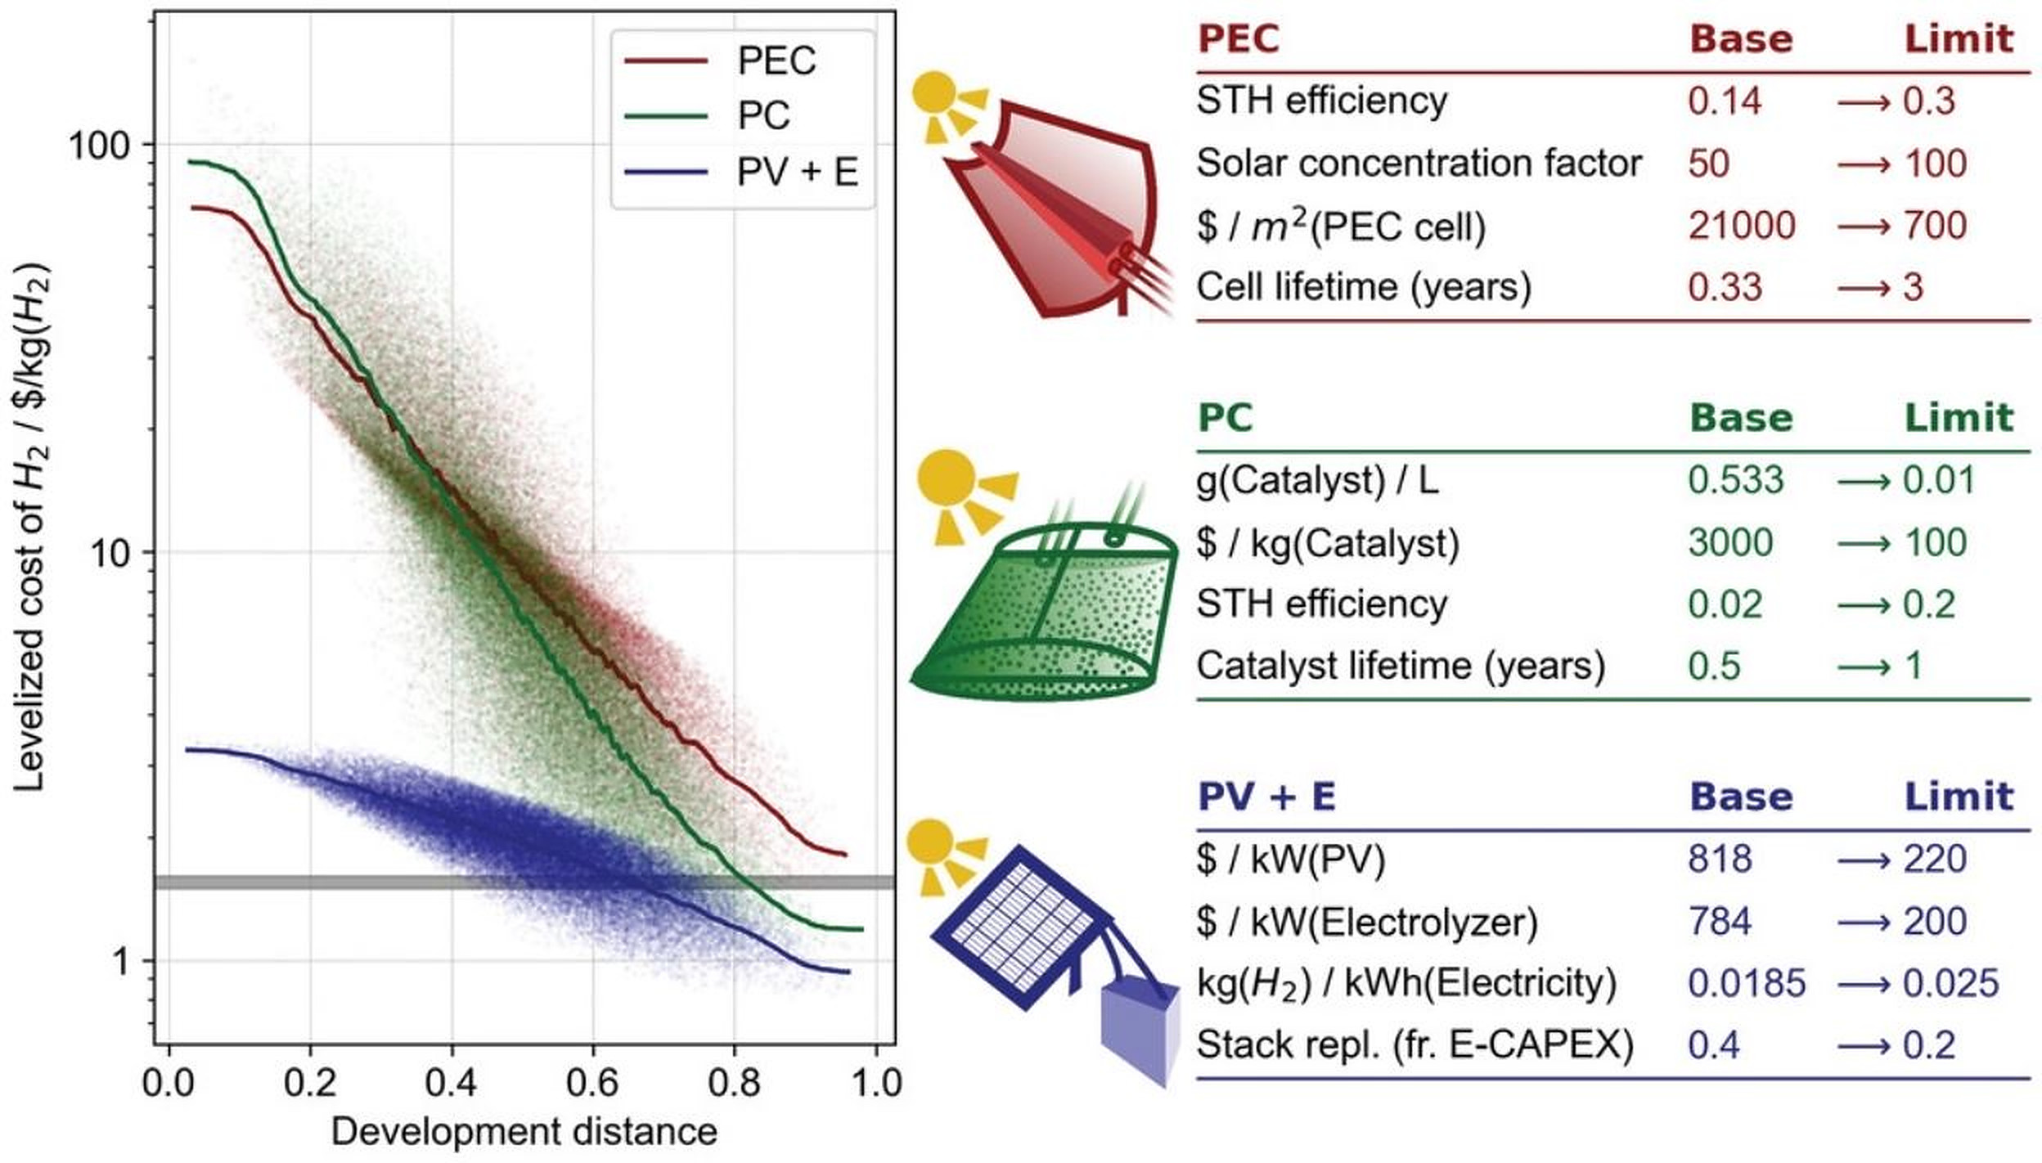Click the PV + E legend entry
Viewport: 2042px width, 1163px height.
click(x=796, y=173)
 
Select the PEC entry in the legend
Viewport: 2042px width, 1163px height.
click(x=776, y=61)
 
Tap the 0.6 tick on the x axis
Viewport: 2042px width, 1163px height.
click(x=592, y=1083)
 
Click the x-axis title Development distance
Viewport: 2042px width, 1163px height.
click(x=524, y=1132)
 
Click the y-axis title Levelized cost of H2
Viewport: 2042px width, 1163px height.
click(x=31, y=528)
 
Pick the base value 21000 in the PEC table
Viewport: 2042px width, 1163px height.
click(x=1741, y=225)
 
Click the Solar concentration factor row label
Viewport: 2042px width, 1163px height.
click(x=1419, y=163)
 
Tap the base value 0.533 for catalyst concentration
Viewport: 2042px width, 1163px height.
click(x=1735, y=480)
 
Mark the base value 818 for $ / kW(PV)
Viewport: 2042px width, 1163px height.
click(x=1720, y=860)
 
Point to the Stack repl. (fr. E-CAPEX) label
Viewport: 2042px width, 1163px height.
click(x=1415, y=1045)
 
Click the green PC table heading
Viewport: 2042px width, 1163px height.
click(x=1225, y=418)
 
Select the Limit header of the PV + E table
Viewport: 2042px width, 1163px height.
click(x=1959, y=797)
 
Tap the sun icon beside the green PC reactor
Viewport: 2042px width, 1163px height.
click(x=947, y=478)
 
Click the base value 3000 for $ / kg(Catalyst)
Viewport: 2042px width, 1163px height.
click(x=1729, y=542)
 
